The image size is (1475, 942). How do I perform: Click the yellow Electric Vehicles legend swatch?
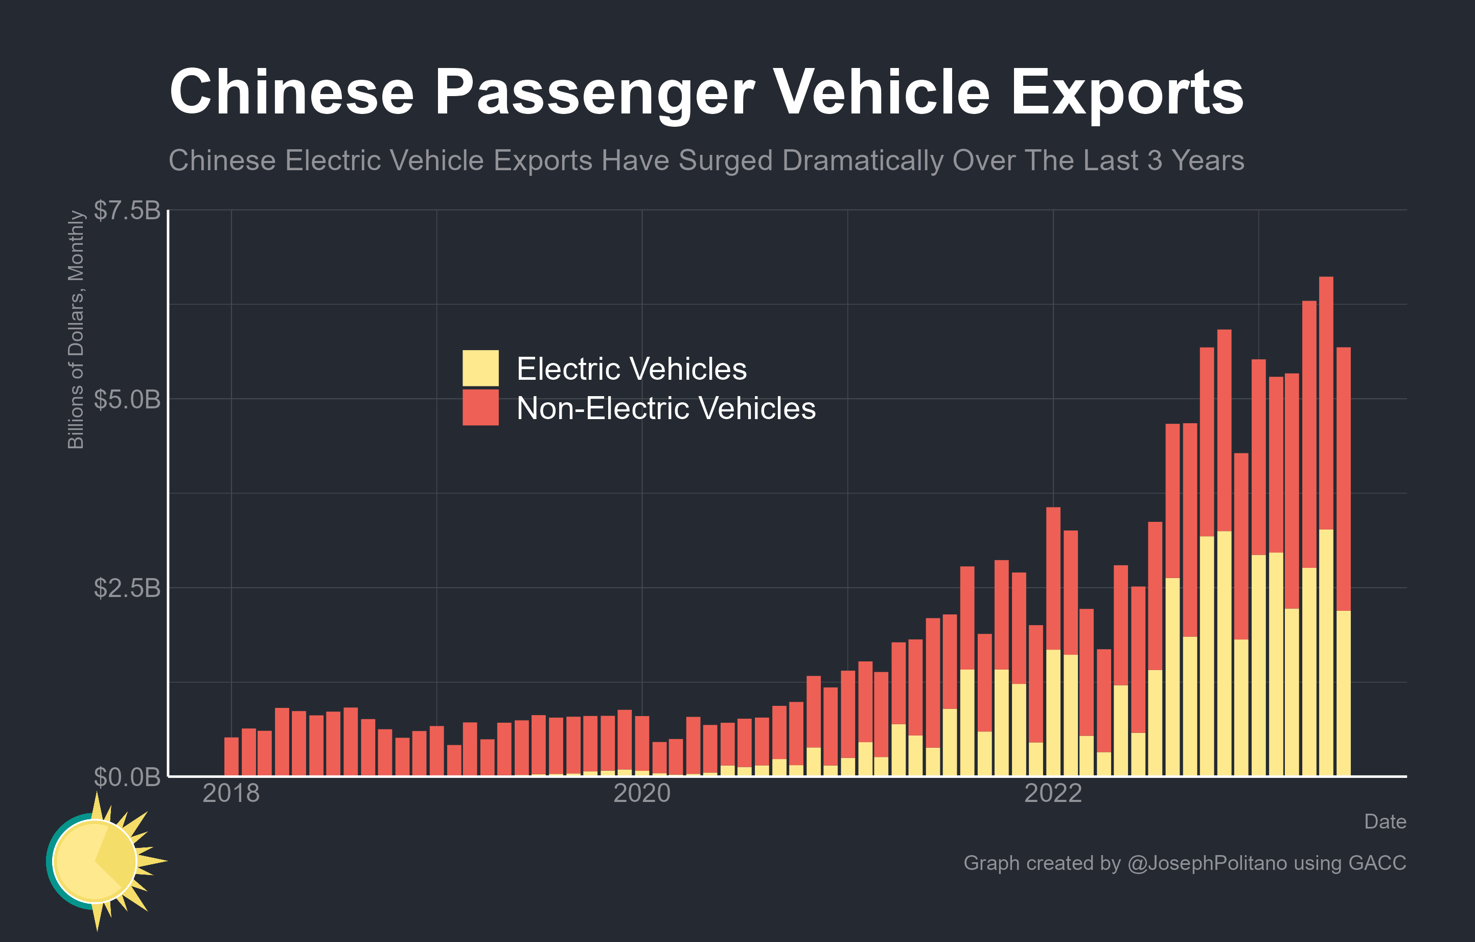coord(480,368)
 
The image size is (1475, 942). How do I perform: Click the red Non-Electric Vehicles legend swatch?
coord(480,407)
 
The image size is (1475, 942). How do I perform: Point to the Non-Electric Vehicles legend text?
coord(666,408)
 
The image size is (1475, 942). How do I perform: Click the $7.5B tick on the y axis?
coord(127,210)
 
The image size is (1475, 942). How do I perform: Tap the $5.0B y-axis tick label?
coord(127,399)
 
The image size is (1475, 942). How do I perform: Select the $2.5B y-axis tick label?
coord(127,588)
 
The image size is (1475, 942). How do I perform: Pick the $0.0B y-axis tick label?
coord(127,776)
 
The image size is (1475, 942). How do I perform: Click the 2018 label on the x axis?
coord(231,793)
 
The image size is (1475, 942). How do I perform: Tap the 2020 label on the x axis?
coord(642,793)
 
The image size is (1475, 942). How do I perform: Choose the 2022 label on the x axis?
coord(1053,793)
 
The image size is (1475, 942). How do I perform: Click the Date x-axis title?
coord(1385,821)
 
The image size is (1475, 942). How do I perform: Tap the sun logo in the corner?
coord(98,861)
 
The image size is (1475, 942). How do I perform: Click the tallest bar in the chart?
coord(1326,527)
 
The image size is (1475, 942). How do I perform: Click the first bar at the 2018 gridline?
coord(232,756)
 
